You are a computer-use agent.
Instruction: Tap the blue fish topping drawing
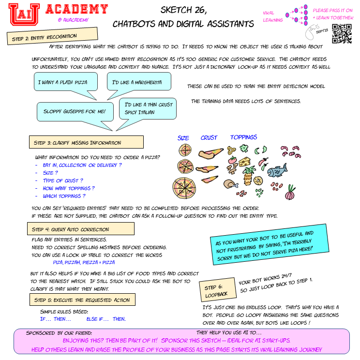(277, 171)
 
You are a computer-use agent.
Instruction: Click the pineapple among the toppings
(249, 176)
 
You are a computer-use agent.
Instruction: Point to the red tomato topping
(232, 161)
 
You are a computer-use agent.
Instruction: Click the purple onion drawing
(290, 193)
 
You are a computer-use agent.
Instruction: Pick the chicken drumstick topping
(230, 183)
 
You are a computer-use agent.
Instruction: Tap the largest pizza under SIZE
(185, 186)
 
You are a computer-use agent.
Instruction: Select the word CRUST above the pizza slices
(209, 138)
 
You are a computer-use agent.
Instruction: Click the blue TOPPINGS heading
(244, 137)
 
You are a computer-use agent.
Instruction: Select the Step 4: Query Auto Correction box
(80, 229)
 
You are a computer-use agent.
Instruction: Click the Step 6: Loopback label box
(217, 290)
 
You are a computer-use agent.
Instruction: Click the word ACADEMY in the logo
(77, 9)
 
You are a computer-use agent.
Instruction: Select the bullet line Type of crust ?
(63, 180)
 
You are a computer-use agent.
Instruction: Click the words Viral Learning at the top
(272, 16)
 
